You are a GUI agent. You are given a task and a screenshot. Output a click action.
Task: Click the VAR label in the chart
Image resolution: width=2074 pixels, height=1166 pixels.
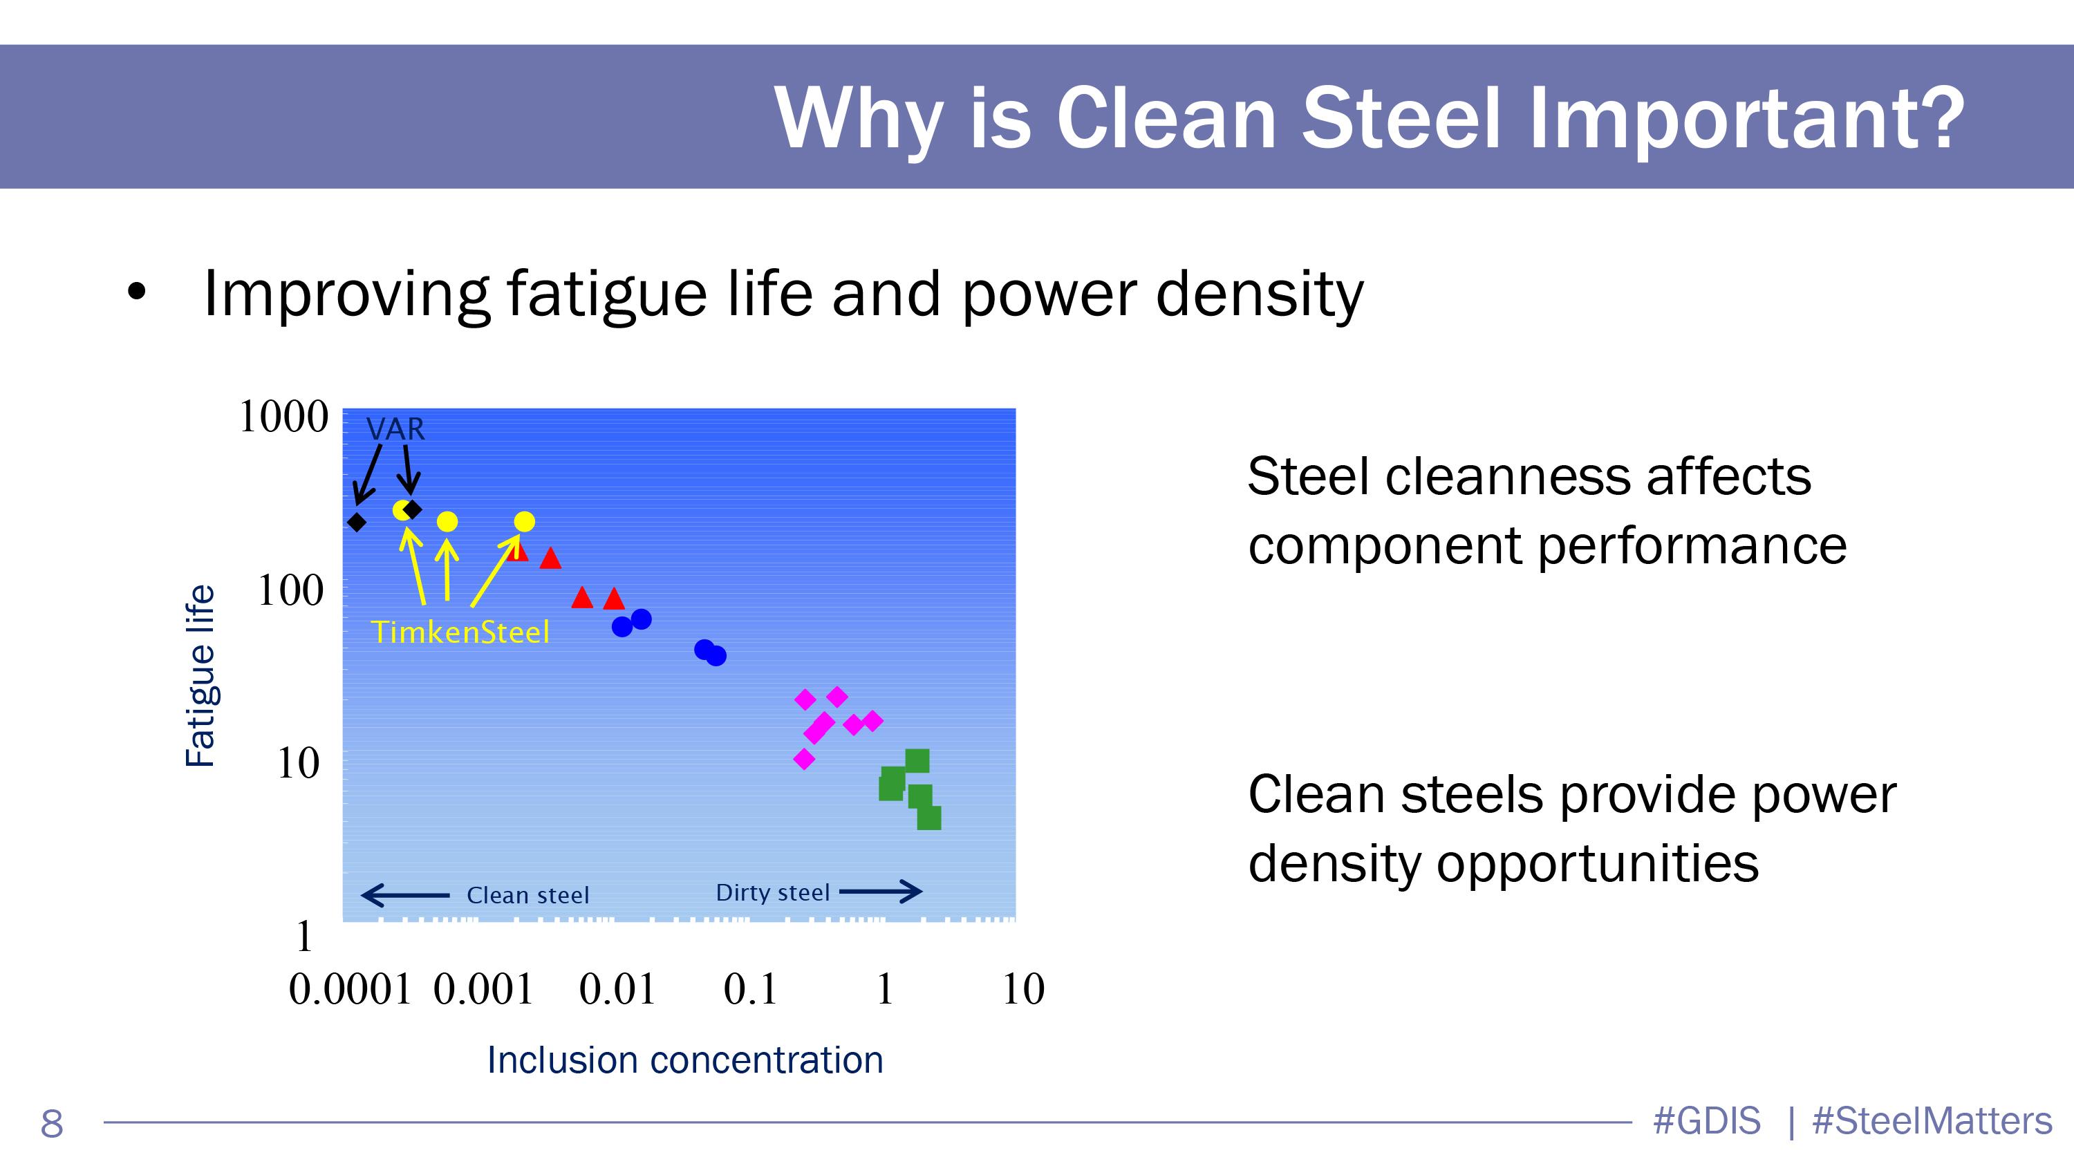point(395,429)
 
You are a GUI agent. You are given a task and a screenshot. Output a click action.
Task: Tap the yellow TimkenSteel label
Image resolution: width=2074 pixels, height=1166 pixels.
point(460,632)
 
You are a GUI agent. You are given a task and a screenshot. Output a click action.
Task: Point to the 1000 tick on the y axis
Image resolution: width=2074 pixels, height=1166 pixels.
point(283,417)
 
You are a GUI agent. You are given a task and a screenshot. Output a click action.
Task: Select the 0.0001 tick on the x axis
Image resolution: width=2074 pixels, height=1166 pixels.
point(351,989)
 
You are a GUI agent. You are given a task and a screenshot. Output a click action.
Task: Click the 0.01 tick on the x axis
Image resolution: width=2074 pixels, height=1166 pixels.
point(617,989)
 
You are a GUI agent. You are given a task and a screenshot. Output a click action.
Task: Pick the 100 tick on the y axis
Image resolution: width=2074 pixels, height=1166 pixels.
point(290,591)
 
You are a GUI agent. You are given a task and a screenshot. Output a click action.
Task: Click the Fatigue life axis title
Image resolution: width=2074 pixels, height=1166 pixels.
point(200,676)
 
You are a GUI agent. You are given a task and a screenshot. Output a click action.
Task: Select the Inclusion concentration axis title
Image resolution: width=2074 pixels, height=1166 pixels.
point(685,1060)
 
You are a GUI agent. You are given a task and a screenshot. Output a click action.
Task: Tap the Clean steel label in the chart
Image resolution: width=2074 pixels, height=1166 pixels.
point(528,896)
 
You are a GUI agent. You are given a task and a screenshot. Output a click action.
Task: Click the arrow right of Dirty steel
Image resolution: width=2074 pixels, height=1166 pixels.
point(881,891)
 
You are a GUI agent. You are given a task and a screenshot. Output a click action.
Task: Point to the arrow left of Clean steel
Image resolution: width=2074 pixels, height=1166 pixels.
point(405,895)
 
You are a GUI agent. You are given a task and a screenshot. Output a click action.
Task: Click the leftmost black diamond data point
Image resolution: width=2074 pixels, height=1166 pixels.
point(357,523)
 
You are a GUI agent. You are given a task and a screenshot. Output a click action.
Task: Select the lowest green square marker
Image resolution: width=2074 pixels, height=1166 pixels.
point(929,818)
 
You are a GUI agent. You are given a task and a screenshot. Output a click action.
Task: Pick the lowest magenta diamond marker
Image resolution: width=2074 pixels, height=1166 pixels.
point(804,759)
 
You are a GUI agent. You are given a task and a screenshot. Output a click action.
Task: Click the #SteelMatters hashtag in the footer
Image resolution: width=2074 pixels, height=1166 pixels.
point(1932,1121)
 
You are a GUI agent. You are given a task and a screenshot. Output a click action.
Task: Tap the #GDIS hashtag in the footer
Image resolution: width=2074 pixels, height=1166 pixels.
point(1707,1121)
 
